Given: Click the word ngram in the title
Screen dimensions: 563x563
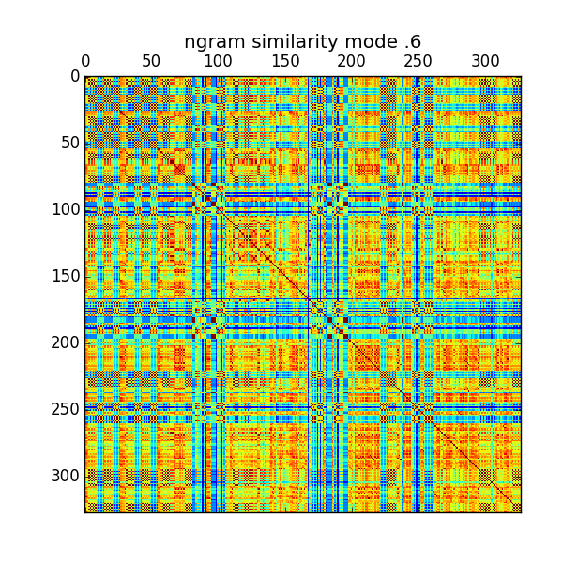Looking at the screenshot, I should click(x=207, y=42).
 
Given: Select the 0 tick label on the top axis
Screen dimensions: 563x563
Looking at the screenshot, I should click(x=85, y=62).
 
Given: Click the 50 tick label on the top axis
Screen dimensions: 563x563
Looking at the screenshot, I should click(x=152, y=62).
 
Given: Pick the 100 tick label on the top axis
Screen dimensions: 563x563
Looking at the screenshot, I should click(x=219, y=62).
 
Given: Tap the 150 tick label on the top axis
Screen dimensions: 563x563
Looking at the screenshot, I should click(x=285, y=62).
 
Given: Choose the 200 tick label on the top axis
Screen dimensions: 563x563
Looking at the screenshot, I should click(x=352, y=62).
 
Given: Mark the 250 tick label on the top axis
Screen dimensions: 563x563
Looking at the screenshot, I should click(x=418, y=62).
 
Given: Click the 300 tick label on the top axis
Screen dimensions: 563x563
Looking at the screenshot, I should click(x=485, y=62).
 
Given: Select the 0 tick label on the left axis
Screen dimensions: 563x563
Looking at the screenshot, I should click(x=74, y=76).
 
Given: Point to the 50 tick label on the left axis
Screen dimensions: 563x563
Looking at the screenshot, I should click(x=68, y=143).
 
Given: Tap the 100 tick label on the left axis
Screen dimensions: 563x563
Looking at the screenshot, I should click(x=64, y=209).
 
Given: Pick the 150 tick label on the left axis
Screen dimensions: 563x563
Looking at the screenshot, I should click(x=64, y=276).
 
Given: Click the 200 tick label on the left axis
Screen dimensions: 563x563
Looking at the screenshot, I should click(x=64, y=342).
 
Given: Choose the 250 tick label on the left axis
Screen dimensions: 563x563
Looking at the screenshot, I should click(x=64, y=409).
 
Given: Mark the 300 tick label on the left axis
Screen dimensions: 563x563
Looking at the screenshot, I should click(x=64, y=476).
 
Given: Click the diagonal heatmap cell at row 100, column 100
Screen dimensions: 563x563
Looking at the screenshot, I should click(x=219, y=209).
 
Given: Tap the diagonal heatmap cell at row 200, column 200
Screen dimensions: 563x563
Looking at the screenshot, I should click(x=352, y=342).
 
